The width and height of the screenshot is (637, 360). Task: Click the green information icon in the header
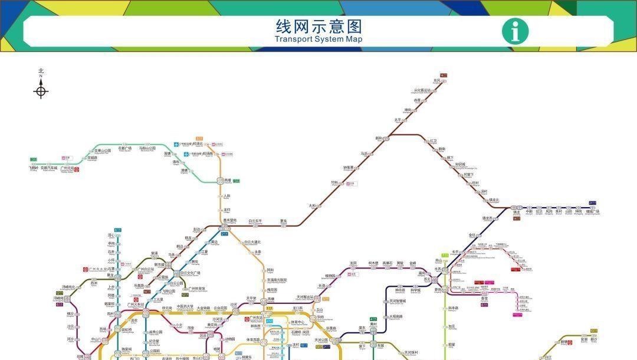[515, 31]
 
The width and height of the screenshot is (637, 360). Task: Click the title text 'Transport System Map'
[318, 40]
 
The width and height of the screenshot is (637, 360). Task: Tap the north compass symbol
[41, 90]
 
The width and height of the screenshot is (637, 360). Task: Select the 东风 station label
[436, 80]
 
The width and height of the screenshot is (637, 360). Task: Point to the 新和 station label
[379, 138]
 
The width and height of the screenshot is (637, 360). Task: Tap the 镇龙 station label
[517, 211]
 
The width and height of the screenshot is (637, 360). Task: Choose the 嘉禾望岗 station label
[229, 221]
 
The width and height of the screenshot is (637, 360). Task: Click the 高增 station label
[228, 181]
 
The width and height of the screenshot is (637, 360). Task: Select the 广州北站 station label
[67, 168]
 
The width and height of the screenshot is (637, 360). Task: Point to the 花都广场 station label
[124, 148]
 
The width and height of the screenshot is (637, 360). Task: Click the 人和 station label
[227, 196]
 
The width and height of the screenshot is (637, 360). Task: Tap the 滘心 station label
[111, 235]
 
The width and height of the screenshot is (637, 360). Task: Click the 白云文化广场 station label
[191, 273]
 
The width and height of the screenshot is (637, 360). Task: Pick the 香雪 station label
[484, 299]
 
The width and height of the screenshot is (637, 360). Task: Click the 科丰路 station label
[453, 308]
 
